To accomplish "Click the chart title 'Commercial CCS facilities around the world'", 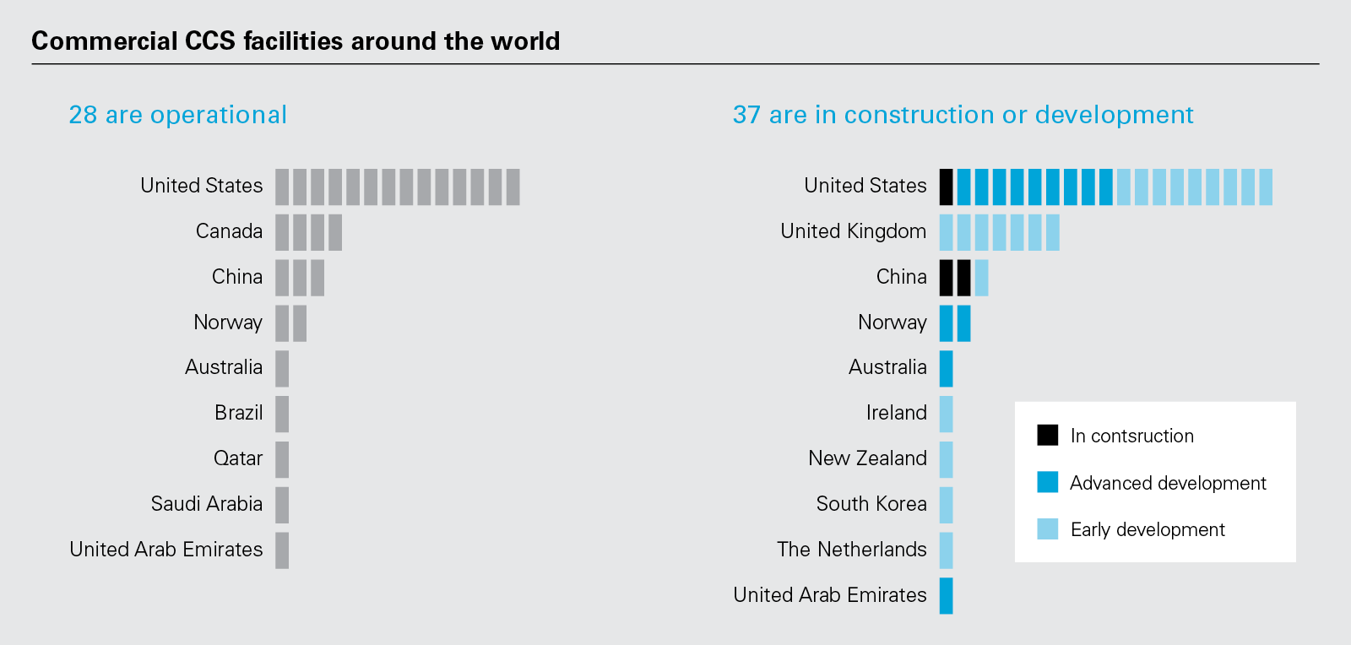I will coord(296,41).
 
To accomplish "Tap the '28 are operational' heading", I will coord(177,115).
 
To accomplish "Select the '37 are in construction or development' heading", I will coord(963,115).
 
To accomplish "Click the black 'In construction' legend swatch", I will coord(1047,435).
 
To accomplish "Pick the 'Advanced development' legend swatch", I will coord(1047,482).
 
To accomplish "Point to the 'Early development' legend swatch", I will coord(1047,529).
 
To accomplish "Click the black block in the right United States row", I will coord(947,187).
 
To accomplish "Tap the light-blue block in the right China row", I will coord(981,278).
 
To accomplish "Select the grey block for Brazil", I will coord(282,414).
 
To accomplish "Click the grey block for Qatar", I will coord(282,459).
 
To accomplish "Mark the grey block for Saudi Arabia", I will coord(282,505).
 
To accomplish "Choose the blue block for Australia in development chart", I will coord(947,369).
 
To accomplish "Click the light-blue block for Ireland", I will coord(947,414).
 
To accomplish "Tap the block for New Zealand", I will coord(947,459).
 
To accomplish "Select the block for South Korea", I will coord(947,505).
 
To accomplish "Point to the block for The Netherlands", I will coord(947,550).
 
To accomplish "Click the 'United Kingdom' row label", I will coord(853,231).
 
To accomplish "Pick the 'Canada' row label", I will coord(229,231).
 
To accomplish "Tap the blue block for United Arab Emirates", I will coord(947,596).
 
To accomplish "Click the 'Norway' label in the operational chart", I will coord(228,322).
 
